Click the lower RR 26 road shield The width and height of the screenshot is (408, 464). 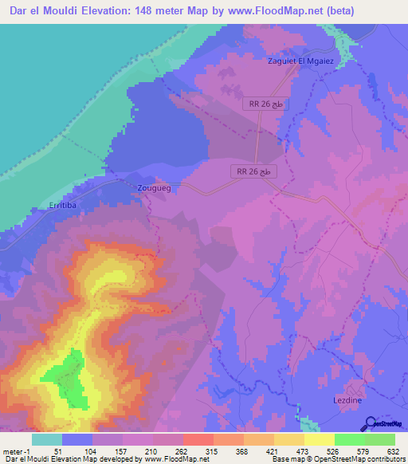click(255, 171)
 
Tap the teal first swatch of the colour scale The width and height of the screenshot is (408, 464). click(47, 439)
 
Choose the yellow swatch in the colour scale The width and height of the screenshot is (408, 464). click(319, 439)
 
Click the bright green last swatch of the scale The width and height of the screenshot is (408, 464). click(380, 439)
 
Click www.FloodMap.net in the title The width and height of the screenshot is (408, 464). click(267, 10)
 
